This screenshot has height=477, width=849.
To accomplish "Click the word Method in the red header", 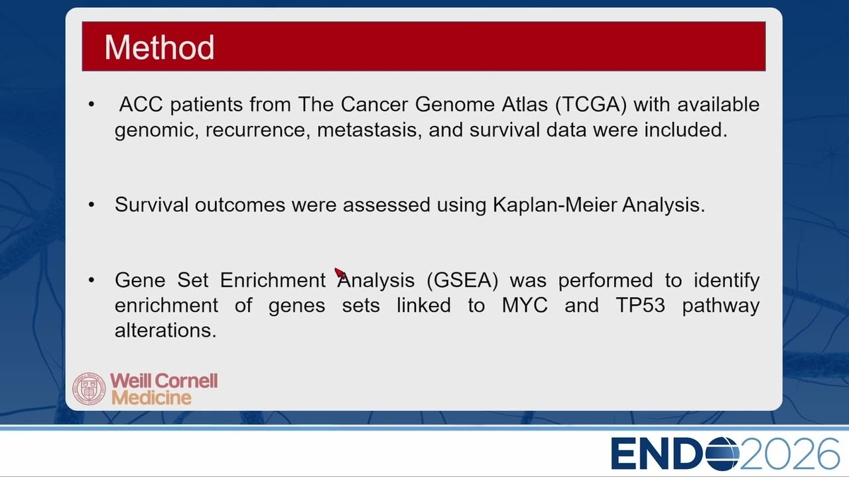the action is pyautogui.click(x=160, y=47).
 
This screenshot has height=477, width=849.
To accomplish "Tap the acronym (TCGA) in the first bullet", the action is pyautogui.click(x=591, y=105).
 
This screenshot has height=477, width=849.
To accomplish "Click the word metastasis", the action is pyautogui.click(x=369, y=130).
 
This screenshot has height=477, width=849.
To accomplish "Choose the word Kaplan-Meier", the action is pyautogui.click(x=555, y=205).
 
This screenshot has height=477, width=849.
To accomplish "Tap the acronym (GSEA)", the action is pyautogui.click(x=462, y=280).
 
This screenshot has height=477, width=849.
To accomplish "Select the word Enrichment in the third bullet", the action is pyautogui.click(x=273, y=280).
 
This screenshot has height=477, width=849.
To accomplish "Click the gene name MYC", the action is pyautogui.click(x=525, y=305).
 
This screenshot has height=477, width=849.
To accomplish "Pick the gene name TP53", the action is pyautogui.click(x=641, y=305).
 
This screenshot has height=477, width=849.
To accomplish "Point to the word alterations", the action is pyautogui.click(x=166, y=331).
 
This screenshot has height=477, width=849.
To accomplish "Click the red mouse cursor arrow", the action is pyautogui.click(x=340, y=274).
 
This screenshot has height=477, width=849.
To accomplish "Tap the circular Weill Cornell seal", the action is pyautogui.click(x=89, y=389).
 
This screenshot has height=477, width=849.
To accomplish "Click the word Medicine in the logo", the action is pyautogui.click(x=152, y=398).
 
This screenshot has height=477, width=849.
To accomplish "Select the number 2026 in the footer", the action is pyautogui.click(x=789, y=454).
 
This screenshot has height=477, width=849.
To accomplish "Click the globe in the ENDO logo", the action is pyautogui.click(x=722, y=454).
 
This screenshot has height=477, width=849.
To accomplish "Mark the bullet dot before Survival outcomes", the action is pyautogui.click(x=92, y=205).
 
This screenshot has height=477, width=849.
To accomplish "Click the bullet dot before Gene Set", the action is pyautogui.click(x=92, y=280).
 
